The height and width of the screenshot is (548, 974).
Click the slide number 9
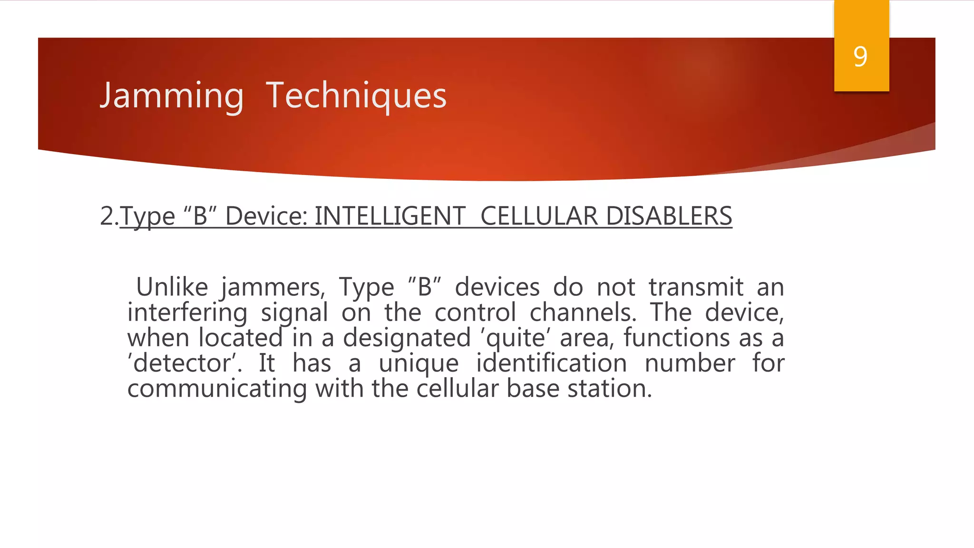(x=860, y=57)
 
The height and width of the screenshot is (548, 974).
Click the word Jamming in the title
(x=172, y=96)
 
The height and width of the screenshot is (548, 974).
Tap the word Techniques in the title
(x=356, y=96)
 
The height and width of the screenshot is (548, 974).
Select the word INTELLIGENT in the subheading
(x=390, y=216)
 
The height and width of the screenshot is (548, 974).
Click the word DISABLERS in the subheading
(x=669, y=216)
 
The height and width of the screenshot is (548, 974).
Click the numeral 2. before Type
(x=109, y=216)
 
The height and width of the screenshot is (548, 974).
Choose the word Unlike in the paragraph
(x=172, y=287)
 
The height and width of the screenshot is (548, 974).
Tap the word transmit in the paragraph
(x=696, y=287)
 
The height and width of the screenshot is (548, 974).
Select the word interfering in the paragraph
(x=187, y=313)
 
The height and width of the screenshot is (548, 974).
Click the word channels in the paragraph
(x=583, y=313)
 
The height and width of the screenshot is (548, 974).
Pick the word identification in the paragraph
(x=551, y=364)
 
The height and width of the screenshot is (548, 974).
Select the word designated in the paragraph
(x=407, y=339)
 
